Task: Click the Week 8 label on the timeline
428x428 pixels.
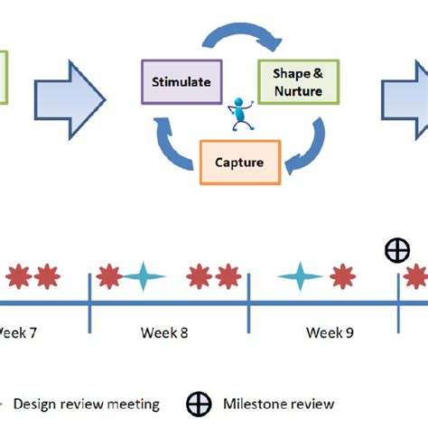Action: click(x=164, y=332)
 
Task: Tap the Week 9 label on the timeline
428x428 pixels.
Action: click(x=330, y=332)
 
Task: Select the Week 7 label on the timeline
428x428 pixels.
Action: click(x=18, y=332)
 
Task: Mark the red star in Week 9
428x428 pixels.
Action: click(x=342, y=276)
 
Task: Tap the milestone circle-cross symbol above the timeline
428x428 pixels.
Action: click(x=397, y=252)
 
